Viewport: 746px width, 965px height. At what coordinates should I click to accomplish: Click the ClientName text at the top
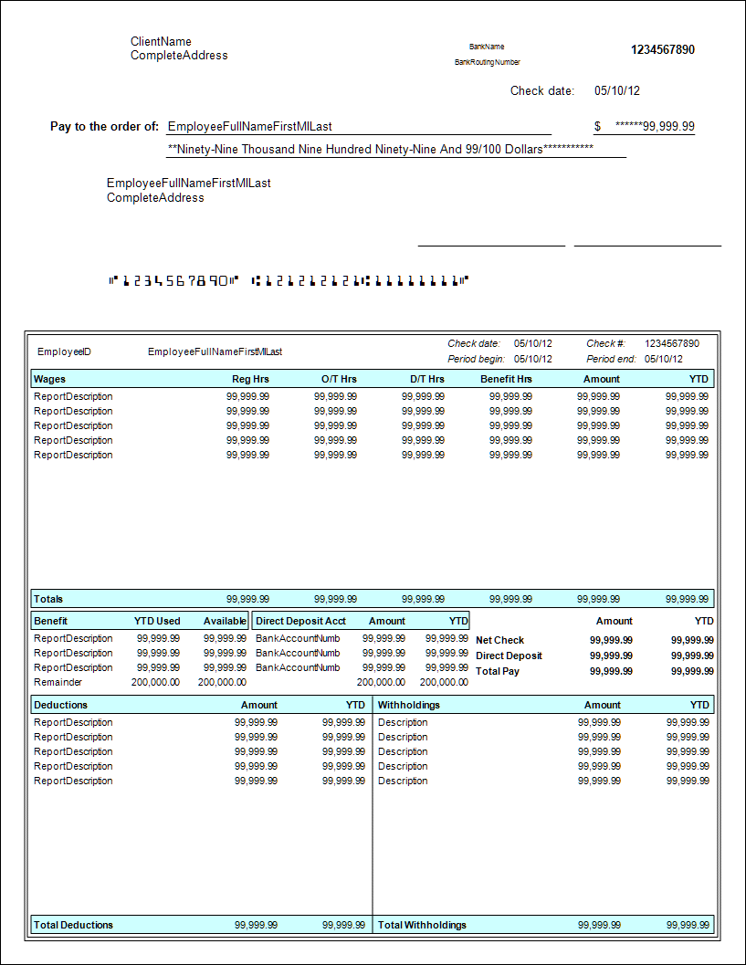pos(161,42)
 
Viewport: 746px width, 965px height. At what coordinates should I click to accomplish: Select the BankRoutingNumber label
pos(488,63)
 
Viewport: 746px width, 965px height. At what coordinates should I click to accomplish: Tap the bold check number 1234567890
pos(662,50)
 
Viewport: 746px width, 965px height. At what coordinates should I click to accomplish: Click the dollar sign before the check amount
pos(597,126)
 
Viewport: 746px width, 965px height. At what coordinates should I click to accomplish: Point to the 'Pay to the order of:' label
pos(104,127)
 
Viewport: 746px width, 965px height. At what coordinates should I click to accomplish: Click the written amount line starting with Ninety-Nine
pos(381,149)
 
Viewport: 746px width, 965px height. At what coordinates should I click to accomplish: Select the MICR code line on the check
pos(289,280)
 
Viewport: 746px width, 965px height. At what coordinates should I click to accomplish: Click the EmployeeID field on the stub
pos(64,351)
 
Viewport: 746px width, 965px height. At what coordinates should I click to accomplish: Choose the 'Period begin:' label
pos(476,359)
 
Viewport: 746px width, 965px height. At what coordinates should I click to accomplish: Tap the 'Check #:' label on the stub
pos(605,344)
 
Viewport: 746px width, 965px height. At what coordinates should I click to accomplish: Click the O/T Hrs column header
pos(339,379)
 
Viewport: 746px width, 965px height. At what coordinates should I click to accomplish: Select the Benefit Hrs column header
pos(506,379)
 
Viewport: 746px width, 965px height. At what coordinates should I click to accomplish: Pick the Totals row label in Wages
pos(48,599)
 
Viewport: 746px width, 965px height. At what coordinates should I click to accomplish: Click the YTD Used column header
pos(157,621)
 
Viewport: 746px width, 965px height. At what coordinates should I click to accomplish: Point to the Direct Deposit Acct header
pos(300,621)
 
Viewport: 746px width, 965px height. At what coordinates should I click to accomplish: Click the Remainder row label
pos(58,682)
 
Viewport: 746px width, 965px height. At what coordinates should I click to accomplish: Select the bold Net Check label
pos(499,641)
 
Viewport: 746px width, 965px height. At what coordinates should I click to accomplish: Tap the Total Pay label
pos(498,671)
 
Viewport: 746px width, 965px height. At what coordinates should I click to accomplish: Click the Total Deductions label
pos(73,925)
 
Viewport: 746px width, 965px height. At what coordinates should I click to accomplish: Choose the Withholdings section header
pos(408,705)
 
